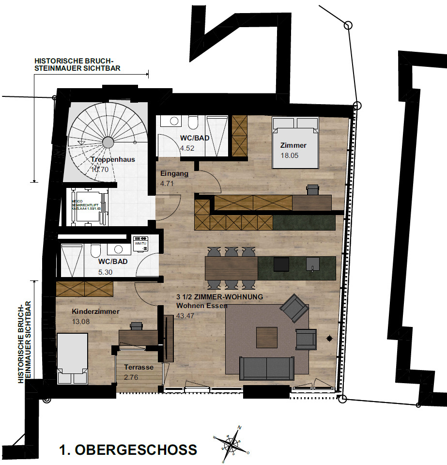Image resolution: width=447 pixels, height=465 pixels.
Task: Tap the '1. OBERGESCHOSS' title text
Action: tap(128, 450)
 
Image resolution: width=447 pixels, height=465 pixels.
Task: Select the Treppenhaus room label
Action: tap(112, 159)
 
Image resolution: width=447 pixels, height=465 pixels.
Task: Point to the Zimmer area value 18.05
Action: tap(290, 155)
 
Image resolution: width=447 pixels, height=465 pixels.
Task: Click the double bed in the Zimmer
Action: tap(294, 141)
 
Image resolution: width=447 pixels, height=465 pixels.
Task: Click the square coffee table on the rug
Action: tap(267, 337)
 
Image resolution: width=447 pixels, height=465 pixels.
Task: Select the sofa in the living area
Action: tap(266, 368)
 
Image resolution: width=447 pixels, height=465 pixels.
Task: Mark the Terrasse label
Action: tap(139, 367)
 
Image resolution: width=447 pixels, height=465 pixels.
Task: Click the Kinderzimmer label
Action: tap(95, 312)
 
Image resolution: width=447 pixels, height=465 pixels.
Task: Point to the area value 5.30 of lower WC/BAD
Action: tap(105, 272)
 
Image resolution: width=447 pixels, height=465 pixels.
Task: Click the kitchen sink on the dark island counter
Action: tap(313, 264)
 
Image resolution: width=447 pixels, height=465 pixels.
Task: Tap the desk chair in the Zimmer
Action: tap(312, 189)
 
